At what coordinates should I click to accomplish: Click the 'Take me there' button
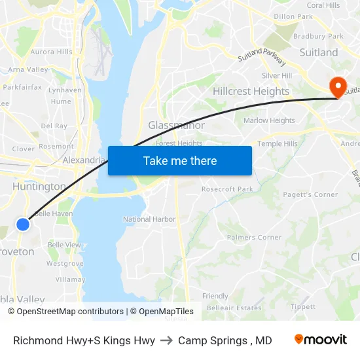point(180,160)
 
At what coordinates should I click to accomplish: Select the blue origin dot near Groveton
point(23,225)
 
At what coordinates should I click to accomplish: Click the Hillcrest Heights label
point(251,91)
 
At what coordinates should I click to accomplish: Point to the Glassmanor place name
point(176,125)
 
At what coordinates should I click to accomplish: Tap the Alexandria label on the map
point(84,160)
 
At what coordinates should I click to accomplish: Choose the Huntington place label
point(39,187)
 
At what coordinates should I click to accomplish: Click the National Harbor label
point(149,219)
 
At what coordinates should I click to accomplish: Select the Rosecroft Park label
point(227,189)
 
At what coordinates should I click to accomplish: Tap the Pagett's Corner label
point(310,194)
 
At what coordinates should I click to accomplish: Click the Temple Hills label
point(277,143)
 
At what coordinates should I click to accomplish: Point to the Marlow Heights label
point(269,120)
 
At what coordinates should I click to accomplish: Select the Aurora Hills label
point(52,52)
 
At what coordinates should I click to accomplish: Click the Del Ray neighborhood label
point(54,125)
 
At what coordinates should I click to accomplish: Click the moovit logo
point(321,340)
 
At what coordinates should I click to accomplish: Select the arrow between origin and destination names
point(166,340)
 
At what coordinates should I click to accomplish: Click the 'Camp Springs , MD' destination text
point(225,340)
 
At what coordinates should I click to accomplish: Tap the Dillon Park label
point(293,16)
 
